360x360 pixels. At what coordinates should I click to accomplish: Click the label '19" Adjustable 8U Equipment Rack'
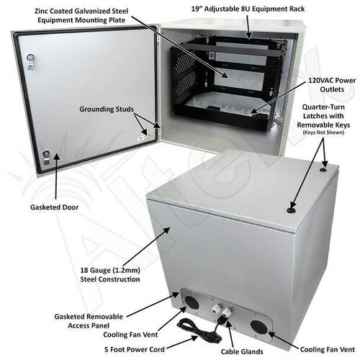pos(248,9)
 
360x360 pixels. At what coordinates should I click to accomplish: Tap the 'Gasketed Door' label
pos(54,207)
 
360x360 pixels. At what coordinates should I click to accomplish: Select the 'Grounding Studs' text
pos(107,109)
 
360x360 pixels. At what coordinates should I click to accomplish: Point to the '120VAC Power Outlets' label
pos(332,85)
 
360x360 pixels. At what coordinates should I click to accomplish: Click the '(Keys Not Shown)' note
pos(323,132)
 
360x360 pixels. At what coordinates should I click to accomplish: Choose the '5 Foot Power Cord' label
pos(135,349)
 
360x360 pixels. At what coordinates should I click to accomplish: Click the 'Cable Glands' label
pos(242,351)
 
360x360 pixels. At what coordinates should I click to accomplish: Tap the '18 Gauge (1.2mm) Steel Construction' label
pos(110,275)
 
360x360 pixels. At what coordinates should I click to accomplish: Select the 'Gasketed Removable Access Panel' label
pos(89,321)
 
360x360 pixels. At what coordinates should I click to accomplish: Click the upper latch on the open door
pos(30,61)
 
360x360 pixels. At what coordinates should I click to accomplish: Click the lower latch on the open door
pos(45,157)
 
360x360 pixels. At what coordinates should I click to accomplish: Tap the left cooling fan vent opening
pos(192,302)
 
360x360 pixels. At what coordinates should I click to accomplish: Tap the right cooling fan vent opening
pos(258,327)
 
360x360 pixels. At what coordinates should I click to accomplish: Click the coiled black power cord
pos(199,330)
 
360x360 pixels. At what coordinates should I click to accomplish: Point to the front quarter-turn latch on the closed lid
pos(291,211)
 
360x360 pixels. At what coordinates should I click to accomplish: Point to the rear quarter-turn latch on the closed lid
pos(323,170)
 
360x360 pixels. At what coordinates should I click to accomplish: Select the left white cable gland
pos(215,309)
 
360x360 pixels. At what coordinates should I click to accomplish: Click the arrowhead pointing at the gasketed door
pos(56,157)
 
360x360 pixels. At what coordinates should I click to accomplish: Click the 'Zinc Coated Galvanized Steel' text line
pos(81,11)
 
